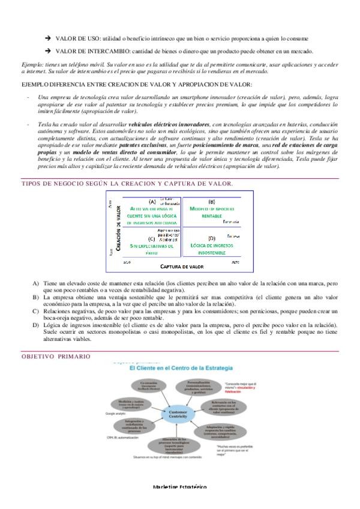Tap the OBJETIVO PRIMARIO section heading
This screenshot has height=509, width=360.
tap(56, 357)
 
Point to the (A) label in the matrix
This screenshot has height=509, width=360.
tap(152, 202)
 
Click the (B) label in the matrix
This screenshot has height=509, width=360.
tap(212, 202)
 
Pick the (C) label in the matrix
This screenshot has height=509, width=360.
tap(151, 238)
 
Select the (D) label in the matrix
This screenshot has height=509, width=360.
tap(212, 238)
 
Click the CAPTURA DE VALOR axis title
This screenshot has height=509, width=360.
tap(183, 265)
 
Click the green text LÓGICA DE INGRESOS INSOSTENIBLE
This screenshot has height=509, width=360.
tap(212, 249)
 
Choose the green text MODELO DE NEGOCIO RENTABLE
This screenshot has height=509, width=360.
tap(212, 211)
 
